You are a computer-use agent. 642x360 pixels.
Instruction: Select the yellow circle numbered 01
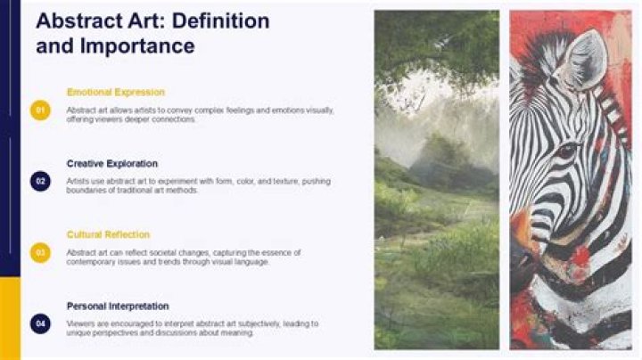tap(40, 110)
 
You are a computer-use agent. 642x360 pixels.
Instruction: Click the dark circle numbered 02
tap(40, 181)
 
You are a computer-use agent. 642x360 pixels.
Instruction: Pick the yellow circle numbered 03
tap(40, 252)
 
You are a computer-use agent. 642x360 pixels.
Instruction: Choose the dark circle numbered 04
tap(40, 323)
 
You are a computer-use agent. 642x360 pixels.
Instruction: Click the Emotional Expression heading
tap(115, 93)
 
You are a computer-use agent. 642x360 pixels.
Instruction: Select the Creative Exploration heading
tap(112, 164)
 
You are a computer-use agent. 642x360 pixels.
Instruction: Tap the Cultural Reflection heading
tap(108, 235)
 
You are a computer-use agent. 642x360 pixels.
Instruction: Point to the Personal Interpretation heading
tap(119, 307)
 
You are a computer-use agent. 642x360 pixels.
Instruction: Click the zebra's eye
tap(565, 151)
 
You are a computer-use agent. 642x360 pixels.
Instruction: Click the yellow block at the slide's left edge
tap(9, 317)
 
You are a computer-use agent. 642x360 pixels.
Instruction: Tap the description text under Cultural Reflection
tap(183, 257)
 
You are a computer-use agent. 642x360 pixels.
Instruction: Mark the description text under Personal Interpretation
tap(192, 328)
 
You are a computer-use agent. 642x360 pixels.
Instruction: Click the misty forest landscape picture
tap(436, 178)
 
